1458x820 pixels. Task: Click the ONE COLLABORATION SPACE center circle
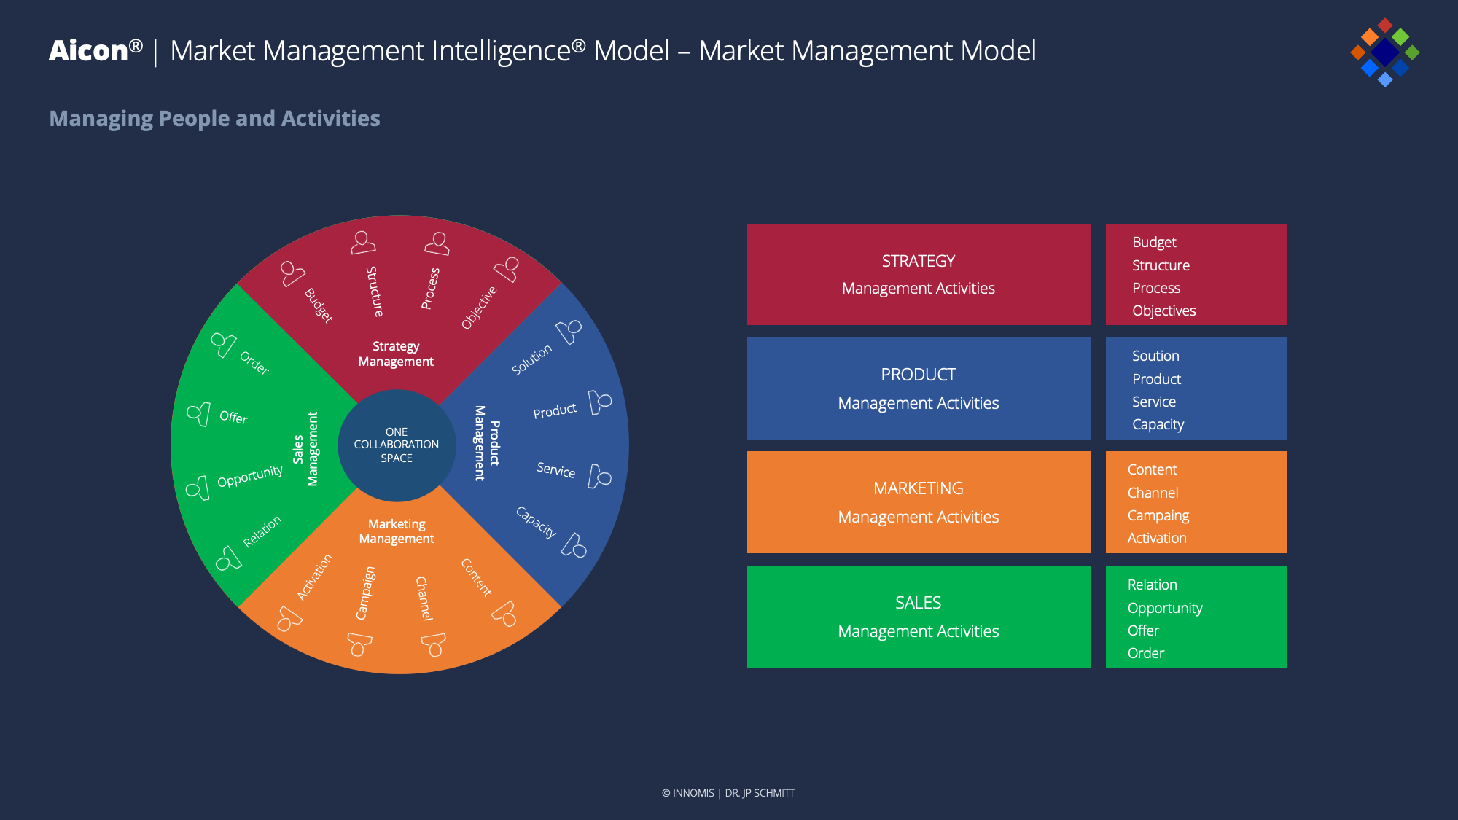397,445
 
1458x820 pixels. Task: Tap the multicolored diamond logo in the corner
1384,52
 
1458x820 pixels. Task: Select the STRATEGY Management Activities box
919,274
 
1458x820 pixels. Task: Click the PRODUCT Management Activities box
919,388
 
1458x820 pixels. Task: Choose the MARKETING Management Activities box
919,502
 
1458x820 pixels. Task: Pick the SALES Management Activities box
919,617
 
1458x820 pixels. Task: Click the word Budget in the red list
1154,242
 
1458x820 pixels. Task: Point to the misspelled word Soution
1155,356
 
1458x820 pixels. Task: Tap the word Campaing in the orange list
1158,515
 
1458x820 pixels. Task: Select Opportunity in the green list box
1165,608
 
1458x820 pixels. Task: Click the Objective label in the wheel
479,308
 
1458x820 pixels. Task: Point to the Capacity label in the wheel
536,522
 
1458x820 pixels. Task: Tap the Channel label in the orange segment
424,598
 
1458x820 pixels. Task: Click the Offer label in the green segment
233,417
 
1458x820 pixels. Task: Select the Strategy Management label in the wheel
396,354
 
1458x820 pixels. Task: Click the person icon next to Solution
569,332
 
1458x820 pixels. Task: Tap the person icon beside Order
222,344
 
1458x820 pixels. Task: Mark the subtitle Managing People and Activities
214,118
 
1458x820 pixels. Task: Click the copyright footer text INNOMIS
693,793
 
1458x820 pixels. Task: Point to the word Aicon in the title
88,51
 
